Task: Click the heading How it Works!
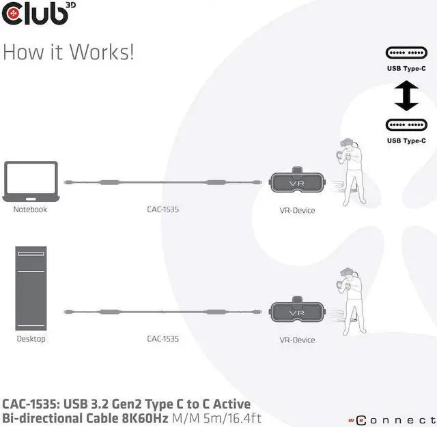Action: (68, 53)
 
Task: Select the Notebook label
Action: (30, 209)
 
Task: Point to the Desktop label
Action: (30, 338)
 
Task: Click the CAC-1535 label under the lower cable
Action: (163, 338)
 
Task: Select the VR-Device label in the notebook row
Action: (298, 210)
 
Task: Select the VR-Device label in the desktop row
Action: (298, 339)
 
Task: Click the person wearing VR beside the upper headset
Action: (349, 175)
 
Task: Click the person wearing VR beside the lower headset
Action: (349, 304)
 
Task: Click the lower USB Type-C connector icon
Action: (406, 125)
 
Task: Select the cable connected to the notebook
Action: (163, 182)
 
